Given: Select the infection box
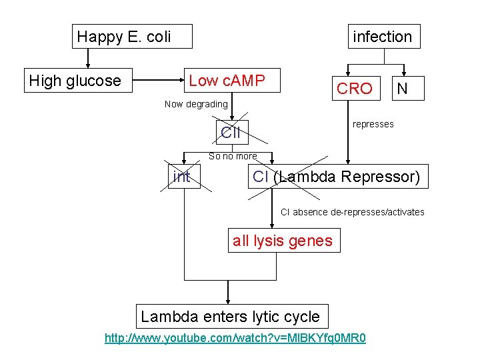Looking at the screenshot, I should (x=383, y=37).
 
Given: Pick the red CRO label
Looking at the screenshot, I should (x=355, y=89).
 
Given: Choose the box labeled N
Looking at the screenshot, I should (x=401, y=88).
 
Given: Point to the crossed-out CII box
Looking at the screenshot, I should (x=231, y=132).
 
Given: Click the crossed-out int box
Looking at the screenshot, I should (x=181, y=177).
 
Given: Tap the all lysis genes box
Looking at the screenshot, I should (x=283, y=241).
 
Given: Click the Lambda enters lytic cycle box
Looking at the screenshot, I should (x=231, y=316).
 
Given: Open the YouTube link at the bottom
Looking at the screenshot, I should (x=235, y=338).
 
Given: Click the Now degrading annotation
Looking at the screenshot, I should (x=196, y=104).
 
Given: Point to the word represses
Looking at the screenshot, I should (x=373, y=124).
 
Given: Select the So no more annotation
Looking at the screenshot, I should (x=233, y=156).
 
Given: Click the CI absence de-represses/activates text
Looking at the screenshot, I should (x=352, y=212).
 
